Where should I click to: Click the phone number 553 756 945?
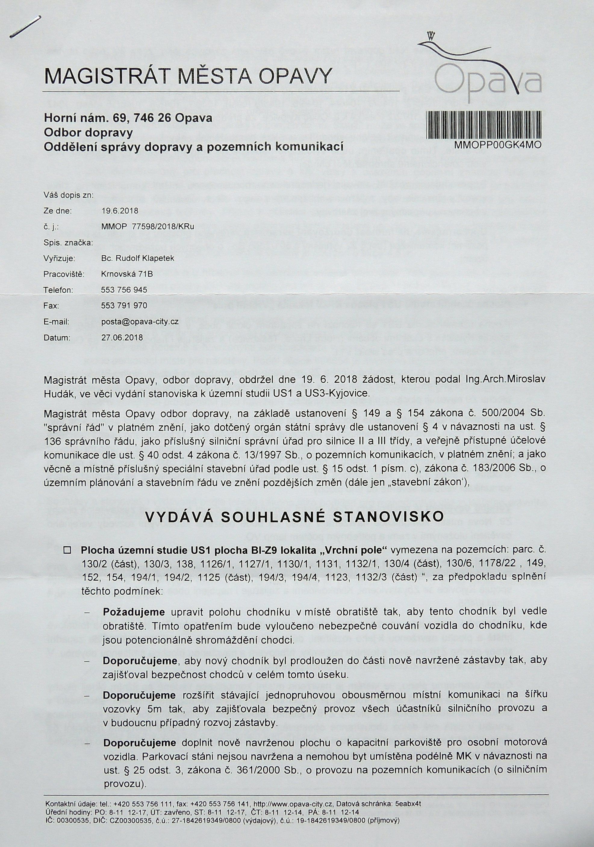tap(124, 290)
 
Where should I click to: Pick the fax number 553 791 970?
tap(124, 306)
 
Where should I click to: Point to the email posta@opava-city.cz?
tap(140, 322)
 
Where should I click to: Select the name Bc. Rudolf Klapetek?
tap(137, 259)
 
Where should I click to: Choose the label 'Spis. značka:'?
tap(68, 243)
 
